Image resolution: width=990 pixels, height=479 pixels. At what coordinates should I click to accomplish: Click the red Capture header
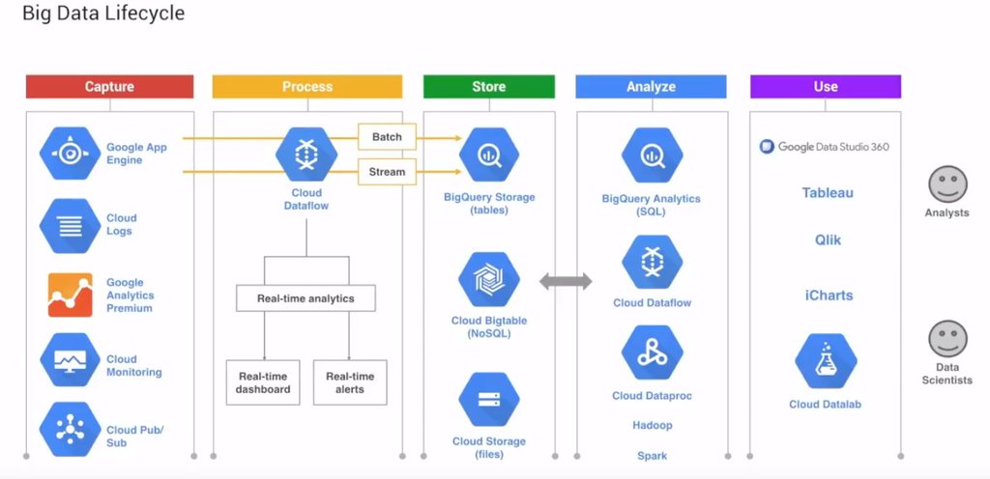(109, 87)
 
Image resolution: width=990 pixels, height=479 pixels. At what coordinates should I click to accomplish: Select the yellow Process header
(306, 87)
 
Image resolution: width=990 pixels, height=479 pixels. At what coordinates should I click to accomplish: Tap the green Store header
(488, 87)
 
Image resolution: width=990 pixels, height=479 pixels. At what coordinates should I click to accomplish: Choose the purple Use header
(825, 87)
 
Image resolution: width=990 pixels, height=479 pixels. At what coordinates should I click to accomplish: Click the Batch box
(387, 137)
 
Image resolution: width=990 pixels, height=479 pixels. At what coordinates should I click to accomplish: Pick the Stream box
(387, 173)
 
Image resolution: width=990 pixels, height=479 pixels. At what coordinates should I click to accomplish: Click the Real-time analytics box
(306, 298)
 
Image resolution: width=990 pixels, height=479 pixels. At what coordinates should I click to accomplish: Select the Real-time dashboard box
(263, 382)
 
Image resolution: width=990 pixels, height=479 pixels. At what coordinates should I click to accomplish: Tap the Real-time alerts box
(350, 382)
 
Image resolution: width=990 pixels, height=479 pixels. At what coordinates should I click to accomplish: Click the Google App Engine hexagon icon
(70, 155)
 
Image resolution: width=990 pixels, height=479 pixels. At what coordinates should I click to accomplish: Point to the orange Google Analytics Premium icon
(70, 296)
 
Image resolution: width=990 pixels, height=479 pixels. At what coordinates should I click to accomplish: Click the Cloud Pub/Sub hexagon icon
(70, 429)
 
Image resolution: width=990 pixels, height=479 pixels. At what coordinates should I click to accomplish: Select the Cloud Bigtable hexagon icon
(488, 280)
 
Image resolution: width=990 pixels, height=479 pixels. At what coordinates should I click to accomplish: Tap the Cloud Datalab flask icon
(825, 361)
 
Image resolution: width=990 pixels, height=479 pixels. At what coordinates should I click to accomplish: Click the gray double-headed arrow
(566, 282)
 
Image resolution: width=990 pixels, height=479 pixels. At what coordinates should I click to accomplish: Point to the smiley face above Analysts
(946, 184)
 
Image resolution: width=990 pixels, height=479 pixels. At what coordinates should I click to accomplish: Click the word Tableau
(828, 193)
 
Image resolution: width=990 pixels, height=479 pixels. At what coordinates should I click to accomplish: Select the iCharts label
(829, 296)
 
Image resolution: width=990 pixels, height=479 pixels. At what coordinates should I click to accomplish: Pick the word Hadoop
(652, 425)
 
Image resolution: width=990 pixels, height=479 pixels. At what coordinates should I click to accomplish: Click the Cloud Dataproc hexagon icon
(652, 353)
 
